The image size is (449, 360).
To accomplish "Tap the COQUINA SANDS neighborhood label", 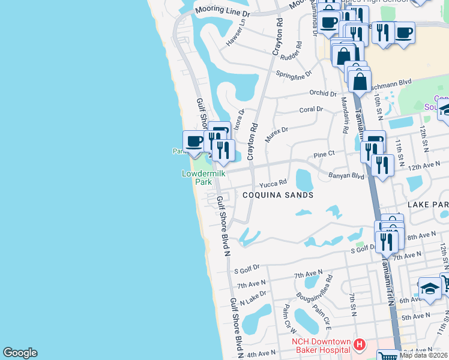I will click(278, 195).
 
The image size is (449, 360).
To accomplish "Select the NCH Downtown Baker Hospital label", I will click(321, 346).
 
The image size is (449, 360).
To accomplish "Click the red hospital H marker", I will click(359, 344).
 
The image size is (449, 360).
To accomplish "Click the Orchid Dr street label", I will click(324, 93).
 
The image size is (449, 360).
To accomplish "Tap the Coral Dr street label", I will click(311, 110).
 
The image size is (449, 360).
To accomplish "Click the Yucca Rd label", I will click(274, 184).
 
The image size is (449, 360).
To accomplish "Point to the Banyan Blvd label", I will click(346, 176).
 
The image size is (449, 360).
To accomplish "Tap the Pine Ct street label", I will click(324, 155).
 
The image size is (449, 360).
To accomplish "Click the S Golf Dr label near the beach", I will click(247, 268).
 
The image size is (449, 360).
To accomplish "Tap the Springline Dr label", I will click(294, 74).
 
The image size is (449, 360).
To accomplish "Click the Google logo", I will click(20, 353).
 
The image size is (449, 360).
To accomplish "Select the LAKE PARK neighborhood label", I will click(428, 205).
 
